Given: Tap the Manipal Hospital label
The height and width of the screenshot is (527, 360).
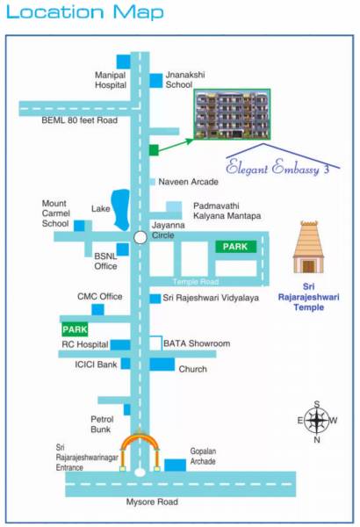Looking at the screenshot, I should click(110, 81).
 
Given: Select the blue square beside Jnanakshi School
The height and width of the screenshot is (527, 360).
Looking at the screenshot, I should click(155, 80).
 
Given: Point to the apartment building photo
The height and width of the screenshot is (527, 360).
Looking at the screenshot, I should click(232, 114).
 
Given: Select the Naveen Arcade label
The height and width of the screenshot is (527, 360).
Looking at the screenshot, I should click(188, 182).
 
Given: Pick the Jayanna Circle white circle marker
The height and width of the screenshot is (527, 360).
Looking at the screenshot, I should click(140, 237).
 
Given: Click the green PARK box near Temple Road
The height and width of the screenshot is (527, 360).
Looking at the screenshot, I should click(235, 248).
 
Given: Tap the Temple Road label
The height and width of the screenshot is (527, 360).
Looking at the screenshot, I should click(194, 281).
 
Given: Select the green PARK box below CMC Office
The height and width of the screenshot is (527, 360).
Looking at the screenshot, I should click(75, 329).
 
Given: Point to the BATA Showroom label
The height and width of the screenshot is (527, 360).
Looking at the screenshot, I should click(197, 343).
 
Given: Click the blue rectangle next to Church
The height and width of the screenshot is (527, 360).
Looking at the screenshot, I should click(162, 364).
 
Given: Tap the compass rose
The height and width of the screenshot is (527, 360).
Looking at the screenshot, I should click(318, 420).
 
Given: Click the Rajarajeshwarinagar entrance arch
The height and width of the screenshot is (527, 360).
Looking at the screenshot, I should click(140, 448).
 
